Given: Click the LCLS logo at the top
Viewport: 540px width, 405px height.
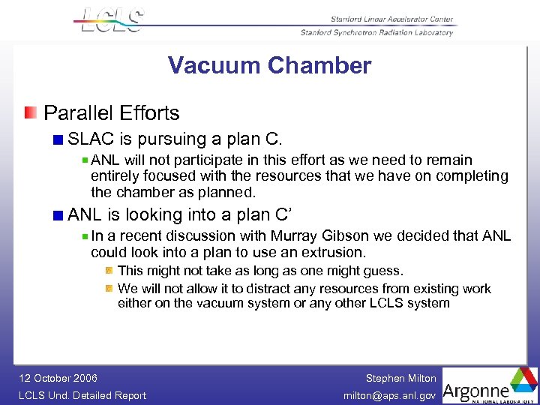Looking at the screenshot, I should (x=111, y=19).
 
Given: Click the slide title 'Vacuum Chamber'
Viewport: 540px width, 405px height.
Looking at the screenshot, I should (x=269, y=66).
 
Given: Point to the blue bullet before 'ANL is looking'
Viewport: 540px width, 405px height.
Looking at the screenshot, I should (x=58, y=215).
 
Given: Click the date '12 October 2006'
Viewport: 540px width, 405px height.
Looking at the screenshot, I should (x=58, y=378).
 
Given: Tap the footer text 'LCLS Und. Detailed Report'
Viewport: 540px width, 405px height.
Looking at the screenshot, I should (x=82, y=395).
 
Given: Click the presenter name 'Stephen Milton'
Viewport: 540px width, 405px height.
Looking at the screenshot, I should (x=400, y=378).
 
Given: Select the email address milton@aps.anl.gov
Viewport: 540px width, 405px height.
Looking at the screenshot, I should (x=389, y=395).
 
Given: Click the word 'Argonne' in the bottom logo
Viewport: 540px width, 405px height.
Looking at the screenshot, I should (x=476, y=390).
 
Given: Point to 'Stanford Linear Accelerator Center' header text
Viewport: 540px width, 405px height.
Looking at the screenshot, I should (x=391, y=19).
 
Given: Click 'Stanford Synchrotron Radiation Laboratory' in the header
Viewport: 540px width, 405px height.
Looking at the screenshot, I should (x=376, y=32).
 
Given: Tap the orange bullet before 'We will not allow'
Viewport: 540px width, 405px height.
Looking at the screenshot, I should (x=109, y=288).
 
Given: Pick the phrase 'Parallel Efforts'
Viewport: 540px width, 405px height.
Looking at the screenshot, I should (x=112, y=113).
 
